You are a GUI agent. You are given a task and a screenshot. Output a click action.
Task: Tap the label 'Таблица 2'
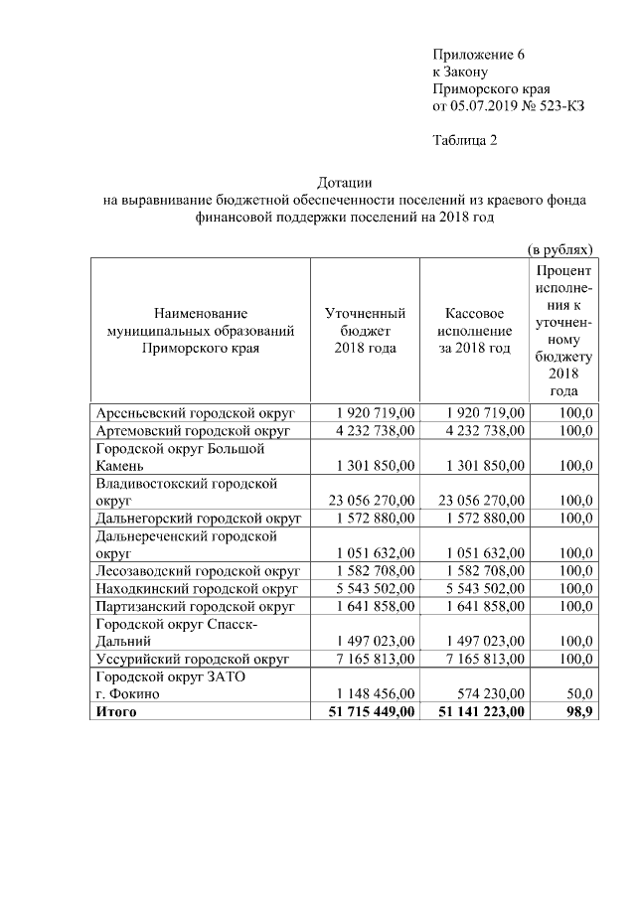(x=464, y=139)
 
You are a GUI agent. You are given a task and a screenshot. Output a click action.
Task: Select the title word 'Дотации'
(x=345, y=183)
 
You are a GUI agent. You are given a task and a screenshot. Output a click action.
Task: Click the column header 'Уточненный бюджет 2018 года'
(x=365, y=331)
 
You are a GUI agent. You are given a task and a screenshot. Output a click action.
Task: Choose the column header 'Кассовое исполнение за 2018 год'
(x=474, y=331)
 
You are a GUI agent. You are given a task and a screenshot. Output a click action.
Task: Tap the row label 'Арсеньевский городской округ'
(x=192, y=412)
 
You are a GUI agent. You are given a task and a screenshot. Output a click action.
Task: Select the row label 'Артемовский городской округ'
(x=192, y=430)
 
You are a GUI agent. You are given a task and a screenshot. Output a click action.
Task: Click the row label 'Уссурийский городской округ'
(x=192, y=659)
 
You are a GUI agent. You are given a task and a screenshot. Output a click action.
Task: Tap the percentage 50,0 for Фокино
(x=578, y=693)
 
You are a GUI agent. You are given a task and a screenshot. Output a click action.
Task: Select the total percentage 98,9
(x=577, y=711)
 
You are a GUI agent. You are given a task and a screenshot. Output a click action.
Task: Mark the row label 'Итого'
(x=115, y=711)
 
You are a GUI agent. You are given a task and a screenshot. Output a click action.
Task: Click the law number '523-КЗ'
(x=561, y=104)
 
